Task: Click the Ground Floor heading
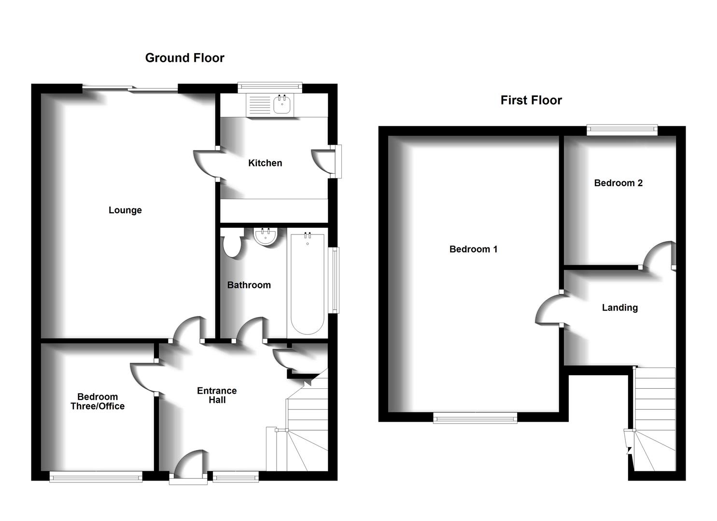[x=184, y=58]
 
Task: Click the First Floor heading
[x=531, y=100]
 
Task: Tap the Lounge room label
[x=125, y=210]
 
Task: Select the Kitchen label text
[x=265, y=163]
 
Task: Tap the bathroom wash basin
[x=266, y=236]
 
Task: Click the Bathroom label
[x=249, y=285]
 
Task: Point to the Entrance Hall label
[x=217, y=395]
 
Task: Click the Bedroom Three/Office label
[x=98, y=401]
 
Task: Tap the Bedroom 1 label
[x=473, y=249]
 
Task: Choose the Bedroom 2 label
[x=618, y=183]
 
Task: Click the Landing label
[x=619, y=308]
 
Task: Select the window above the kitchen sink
[x=270, y=87]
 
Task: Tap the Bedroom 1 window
[x=475, y=418]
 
